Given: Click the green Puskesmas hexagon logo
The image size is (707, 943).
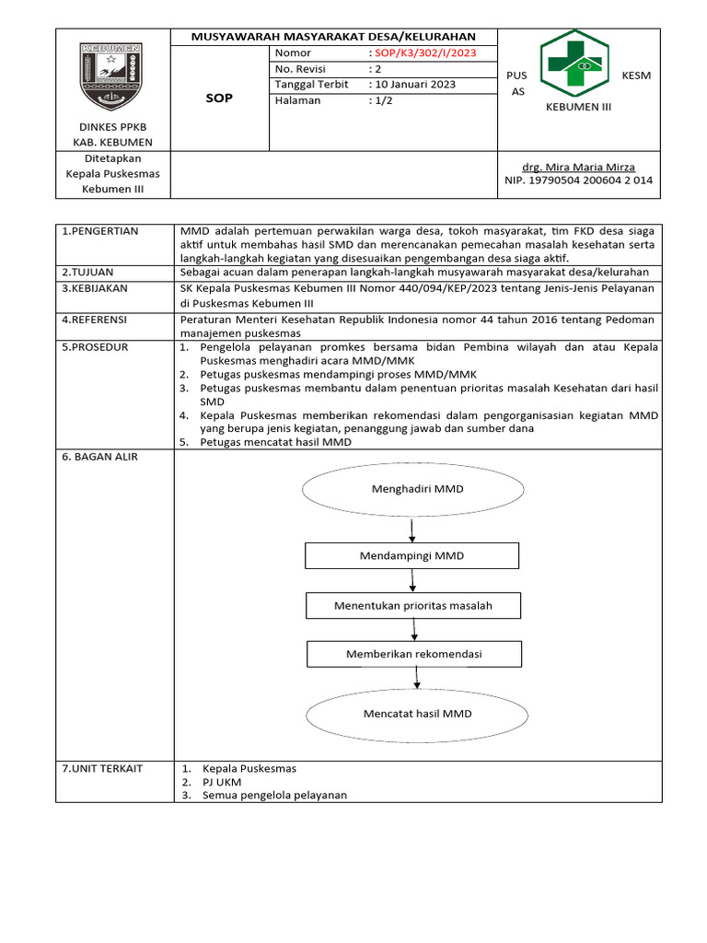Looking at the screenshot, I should [580, 64].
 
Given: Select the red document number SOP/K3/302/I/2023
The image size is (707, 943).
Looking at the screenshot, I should [423, 53].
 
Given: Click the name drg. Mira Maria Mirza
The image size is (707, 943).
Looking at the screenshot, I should [578, 167].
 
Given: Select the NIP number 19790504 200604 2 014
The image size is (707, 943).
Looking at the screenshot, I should [578, 180].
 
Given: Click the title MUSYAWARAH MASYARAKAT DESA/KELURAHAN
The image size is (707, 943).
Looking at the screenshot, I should [333, 37].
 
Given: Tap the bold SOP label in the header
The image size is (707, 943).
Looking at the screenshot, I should [220, 99].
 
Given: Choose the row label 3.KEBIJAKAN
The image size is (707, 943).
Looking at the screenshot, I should [96, 288].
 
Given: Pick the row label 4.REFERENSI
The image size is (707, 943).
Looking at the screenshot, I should [97, 320].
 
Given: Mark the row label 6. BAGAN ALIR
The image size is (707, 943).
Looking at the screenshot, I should [99, 457].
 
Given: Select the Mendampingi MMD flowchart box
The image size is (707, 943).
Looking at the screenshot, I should [411, 556].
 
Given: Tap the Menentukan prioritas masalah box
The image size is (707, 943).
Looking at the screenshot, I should [412, 606].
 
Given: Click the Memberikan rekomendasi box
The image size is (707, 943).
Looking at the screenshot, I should [413, 655].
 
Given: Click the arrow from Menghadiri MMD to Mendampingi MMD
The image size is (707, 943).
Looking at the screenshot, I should [411, 530].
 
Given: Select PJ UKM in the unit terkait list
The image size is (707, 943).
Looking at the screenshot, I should [222, 782].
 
